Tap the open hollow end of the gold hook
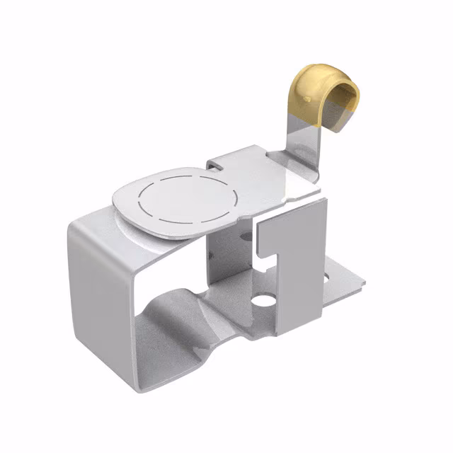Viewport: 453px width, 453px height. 346,100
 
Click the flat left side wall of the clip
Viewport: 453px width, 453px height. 99,297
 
